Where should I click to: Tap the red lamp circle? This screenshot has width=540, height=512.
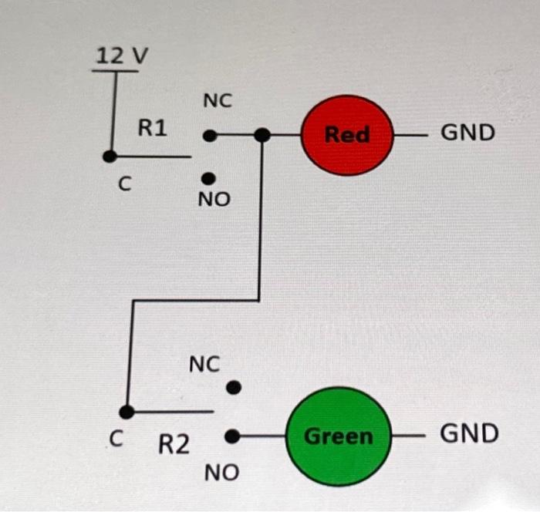coord(347,135)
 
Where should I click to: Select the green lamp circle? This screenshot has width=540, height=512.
coord(338,436)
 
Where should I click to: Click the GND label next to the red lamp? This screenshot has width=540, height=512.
coord(467,133)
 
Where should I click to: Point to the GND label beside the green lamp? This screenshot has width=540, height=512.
coord(469,433)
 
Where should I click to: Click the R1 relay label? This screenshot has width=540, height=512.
coord(152,128)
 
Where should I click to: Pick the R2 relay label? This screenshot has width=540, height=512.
coord(174,444)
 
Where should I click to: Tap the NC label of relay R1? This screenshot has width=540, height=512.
coord(218,101)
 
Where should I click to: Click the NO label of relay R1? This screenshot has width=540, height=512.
coord(214,200)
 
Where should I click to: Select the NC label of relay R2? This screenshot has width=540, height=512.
coord(204,363)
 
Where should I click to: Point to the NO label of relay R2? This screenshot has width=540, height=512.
coord(221,473)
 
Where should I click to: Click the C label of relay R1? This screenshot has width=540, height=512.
coord(124,184)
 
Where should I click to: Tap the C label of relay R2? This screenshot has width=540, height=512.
coord(116,440)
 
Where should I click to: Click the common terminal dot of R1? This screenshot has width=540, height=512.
coord(110,156)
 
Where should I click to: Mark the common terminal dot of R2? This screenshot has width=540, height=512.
coord(127,412)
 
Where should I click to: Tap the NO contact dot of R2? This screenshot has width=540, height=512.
coord(231,436)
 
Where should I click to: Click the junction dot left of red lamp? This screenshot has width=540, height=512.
coord(262,136)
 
